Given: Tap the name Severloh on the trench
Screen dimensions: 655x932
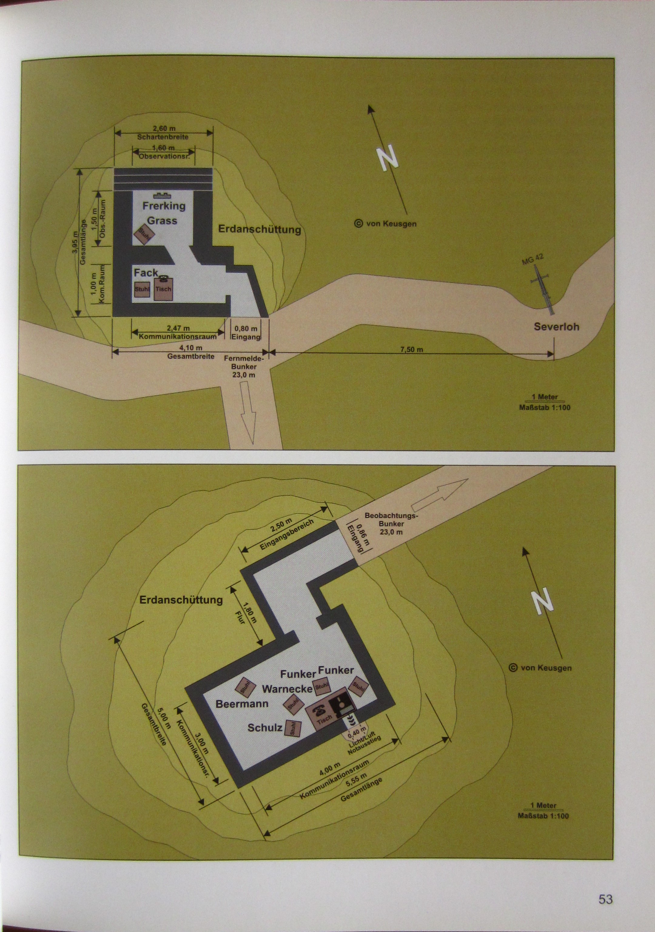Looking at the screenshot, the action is (x=556, y=326).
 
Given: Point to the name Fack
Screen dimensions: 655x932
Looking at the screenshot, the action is (x=146, y=273).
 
